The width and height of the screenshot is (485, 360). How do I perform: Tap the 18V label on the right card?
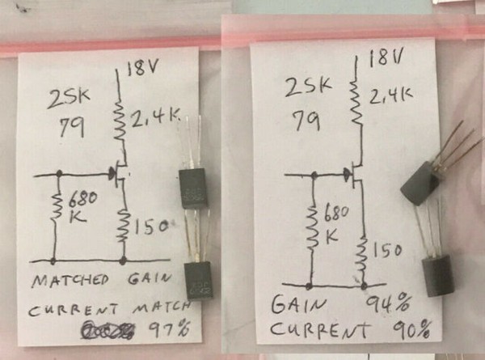[383, 59]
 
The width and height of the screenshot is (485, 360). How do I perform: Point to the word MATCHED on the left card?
[70, 282]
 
